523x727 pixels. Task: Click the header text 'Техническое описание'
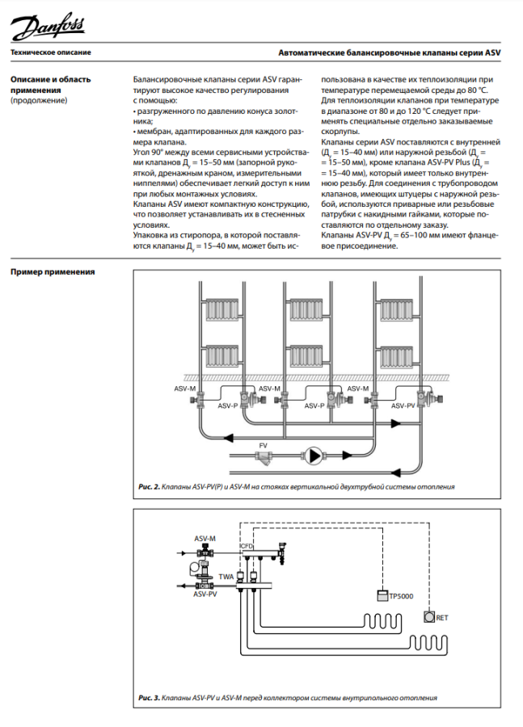(50, 53)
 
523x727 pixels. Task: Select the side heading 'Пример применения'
(52, 271)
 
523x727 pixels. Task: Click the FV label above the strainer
(263, 446)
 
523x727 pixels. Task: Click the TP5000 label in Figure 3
(401, 596)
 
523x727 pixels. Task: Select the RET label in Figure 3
(441, 618)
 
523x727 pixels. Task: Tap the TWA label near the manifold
(227, 576)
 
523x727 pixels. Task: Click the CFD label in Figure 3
(247, 547)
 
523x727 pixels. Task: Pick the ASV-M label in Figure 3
(205, 537)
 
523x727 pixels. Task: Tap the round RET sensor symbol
(428, 617)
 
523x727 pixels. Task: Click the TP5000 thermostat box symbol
(382, 596)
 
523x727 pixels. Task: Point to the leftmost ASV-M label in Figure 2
(185, 389)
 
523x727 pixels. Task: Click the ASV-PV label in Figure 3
(205, 594)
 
